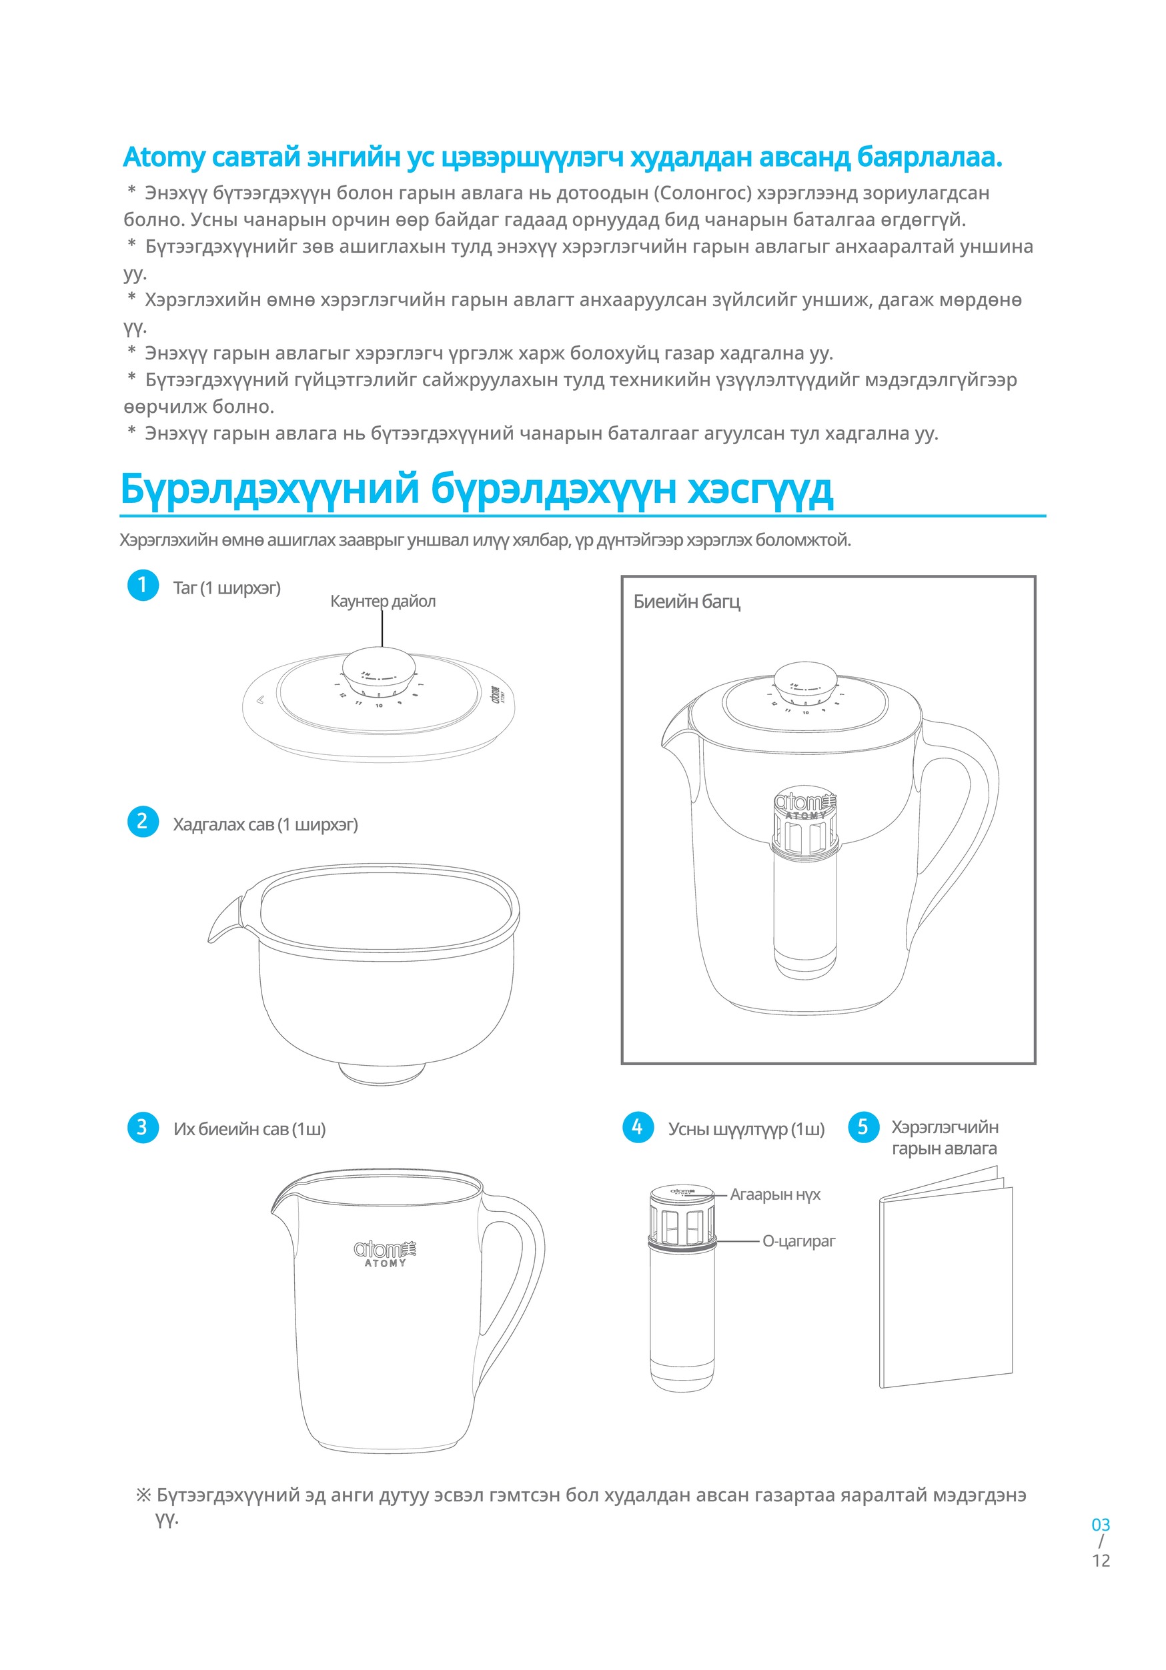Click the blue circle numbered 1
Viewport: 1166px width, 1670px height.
[x=143, y=586]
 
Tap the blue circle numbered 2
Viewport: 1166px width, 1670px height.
[x=143, y=822]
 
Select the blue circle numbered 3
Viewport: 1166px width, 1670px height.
[x=143, y=1127]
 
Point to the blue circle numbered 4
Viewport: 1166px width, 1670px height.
[x=638, y=1127]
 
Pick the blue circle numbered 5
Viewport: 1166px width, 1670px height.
[x=863, y=1127]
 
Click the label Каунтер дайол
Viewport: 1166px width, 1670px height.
[x=383, y=602]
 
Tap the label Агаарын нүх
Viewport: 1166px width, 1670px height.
[x=774, y=1194]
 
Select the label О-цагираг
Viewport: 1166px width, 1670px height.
[x=798, y=1241]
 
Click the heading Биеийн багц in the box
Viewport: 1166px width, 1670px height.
[x=686, y=602]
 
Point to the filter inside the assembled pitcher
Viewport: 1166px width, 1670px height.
[x=804, y=894]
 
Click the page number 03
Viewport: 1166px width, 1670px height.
[x=1101, y=1525]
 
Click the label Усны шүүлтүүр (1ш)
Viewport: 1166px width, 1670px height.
[x=746, y=1129]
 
